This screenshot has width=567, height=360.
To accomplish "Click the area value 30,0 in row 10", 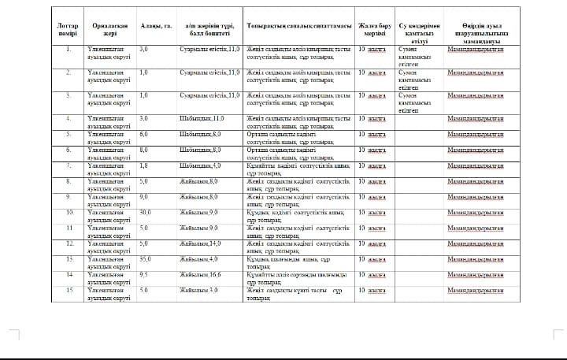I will pyautogui.click(x=146, y=212).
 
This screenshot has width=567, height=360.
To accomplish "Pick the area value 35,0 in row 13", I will pyautogui.click(x=146, y=258).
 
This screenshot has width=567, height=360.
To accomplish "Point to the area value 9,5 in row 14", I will pyautogui.click(x=144, y=274).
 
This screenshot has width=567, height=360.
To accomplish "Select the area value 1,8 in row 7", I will pyautogui.click(x=144, y=165).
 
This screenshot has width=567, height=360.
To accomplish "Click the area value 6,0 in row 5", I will pyautogui.click(x=144, y=135).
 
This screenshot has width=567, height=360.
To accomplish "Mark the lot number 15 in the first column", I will pyautogui.click(x=69, y=290).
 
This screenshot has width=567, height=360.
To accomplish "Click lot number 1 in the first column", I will pyautogui.click(x=69, y=50).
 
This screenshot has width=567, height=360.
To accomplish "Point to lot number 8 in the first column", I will pyautogui.click(x=69, y=181).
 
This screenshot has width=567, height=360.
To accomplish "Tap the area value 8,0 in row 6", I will pyautogui.click(x=144, y=150).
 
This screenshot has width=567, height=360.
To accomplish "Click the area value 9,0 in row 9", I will pyautogui.click(x=144, y=196).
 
